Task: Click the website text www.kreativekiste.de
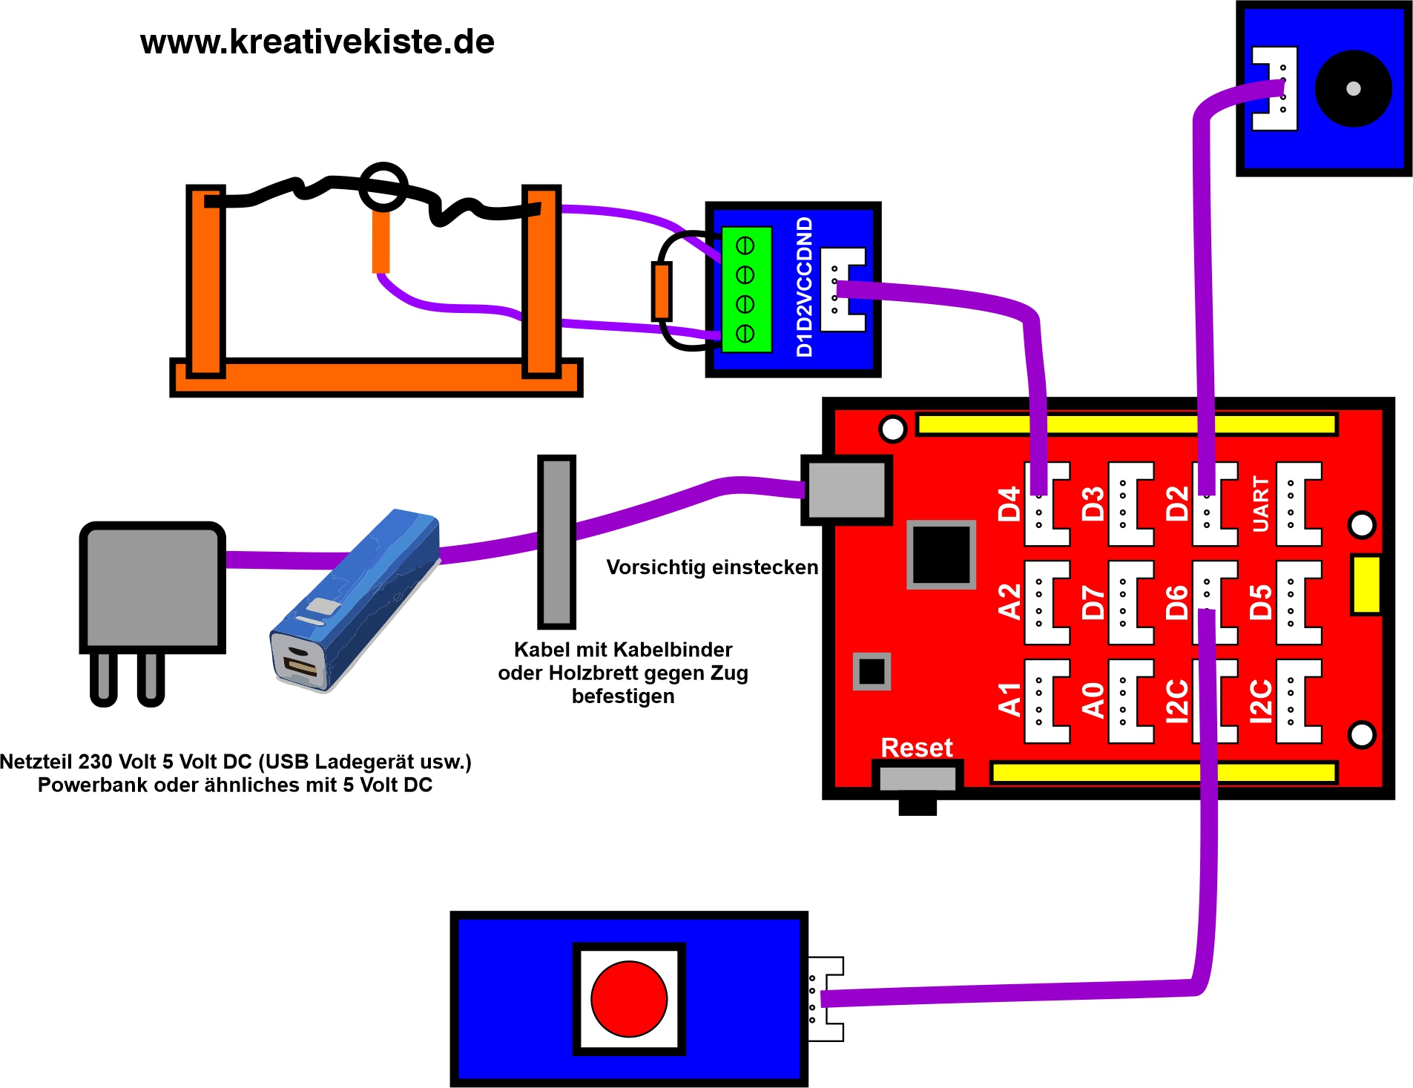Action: point(317,42)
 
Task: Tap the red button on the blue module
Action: point(628,998)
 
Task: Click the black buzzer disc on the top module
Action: point(1353,88)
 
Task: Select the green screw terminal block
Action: point(745,289)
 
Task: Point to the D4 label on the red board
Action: point(1009,504)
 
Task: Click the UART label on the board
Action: point(1260,504)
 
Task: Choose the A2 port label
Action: point(1009,601)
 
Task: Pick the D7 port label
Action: point(1093,601)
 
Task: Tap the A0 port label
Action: point(1093,700)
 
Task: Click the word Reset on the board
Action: point(916,748)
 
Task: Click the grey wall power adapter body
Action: point(152,586)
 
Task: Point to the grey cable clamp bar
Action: point(556,541)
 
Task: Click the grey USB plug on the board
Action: point(846,489)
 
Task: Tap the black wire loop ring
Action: point(383,186)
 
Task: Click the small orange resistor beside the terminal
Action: point(661,291)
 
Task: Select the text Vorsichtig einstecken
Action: point(711,567)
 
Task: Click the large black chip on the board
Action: point(941,555)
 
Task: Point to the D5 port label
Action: point(1260,601)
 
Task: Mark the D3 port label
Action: point(1093,504)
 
